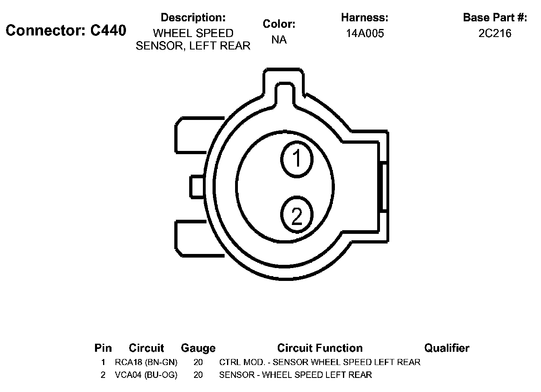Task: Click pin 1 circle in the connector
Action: pyautogui.click(x=297, y=159)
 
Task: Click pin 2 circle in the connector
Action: pyautogui.click(x=297, y=215)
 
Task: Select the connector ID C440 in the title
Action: pyautogui.click(x=108, y=31)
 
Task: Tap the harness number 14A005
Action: pyautogui.click(x=365, y=33)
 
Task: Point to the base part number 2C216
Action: pyautogui.click(x=495, y=33)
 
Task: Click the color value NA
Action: pyautogui.click(x=279, y=39)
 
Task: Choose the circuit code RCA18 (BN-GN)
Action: pyautogui.click(x=146, y=362)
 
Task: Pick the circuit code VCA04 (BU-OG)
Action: pyautogui.click(x=146, y=375)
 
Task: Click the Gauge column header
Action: pyautogui.click(x=198, y=348)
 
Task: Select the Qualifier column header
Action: pyautogui.click(x=447, y=348)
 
